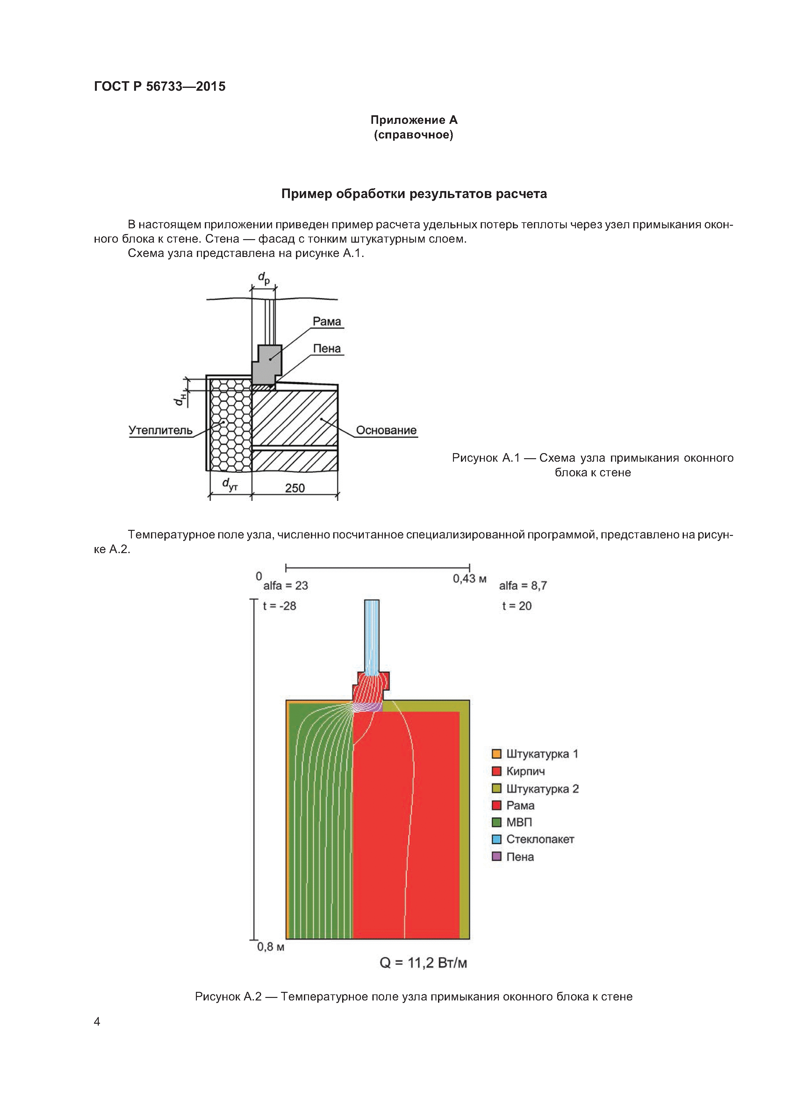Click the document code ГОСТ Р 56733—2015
[160, 87]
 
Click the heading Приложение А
[414, 120]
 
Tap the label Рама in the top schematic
[327, 322]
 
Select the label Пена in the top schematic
[327, 348]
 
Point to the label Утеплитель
[160, 430]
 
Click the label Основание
[386, 430]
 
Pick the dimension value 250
[295, 488]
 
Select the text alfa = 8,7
[523, 586]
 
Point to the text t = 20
[517, 606]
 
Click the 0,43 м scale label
[469, 579]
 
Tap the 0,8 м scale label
[271, 947]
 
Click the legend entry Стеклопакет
[540, 839]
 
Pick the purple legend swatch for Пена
[497, 857]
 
